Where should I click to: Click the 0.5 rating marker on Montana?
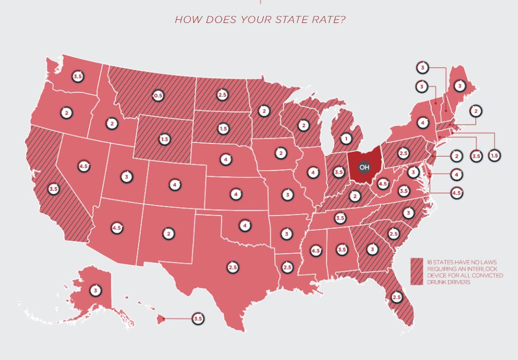click(x=158, y=96)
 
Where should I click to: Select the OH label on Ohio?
click(x=364, y=167)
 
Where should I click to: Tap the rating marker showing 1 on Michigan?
click(x=346, y=139)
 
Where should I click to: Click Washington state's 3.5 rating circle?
click(x=78, y=76)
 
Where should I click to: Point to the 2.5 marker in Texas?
click(x=233, y=267)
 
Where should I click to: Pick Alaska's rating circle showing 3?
click(x=95, y=290)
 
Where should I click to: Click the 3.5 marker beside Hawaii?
click(x=198, y=319)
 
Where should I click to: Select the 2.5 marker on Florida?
click(x=397, y=297)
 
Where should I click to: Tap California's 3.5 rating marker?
click(x=53, y=189)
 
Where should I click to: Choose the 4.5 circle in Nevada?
click(x=83, y=166)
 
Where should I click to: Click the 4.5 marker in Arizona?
click(x=117, y=228)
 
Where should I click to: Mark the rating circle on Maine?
click(x=460, y=86)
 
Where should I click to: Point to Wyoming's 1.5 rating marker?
click(x=164, y=139)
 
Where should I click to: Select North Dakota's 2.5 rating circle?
click(x=223, y=95)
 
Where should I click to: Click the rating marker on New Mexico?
click(x=168, y=233)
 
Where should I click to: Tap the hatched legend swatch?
click(x=417, y=272)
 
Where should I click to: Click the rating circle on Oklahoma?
click(x=244, y=225)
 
